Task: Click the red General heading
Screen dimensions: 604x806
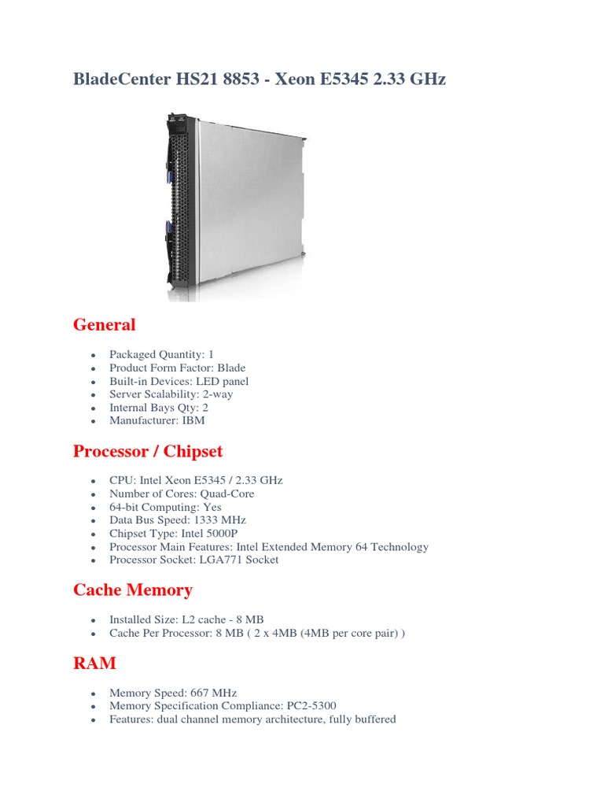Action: point(104,324)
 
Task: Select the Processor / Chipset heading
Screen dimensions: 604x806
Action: point(148,451)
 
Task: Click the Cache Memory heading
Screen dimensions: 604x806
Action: point(133,590)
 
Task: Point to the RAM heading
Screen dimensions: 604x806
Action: point(94,663)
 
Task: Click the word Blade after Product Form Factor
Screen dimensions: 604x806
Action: point(231,368)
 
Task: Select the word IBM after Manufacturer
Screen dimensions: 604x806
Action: point(193,420)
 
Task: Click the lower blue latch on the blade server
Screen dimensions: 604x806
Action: point(169,232)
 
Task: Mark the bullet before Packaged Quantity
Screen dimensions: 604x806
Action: point(94,355)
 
